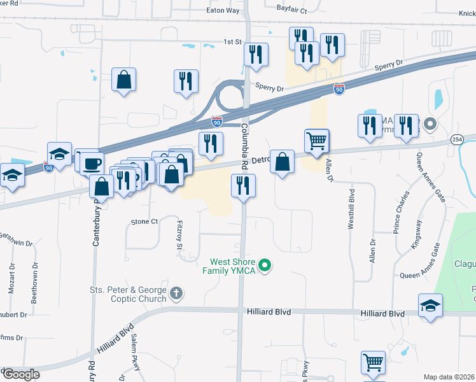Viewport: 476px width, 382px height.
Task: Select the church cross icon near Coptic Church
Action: [176, 294]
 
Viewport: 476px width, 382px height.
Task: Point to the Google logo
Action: [21, 374]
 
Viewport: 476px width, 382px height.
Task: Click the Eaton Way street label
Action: [223, 11]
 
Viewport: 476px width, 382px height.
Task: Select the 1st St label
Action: [233, 42]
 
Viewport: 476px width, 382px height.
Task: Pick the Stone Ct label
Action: [144, 222]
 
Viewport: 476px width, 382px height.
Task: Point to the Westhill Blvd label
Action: [351, 208]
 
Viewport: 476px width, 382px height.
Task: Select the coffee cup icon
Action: [92, 162]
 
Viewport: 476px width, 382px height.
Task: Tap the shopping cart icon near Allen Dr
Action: [316, 140]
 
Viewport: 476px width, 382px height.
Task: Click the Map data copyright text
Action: [449, 377]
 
